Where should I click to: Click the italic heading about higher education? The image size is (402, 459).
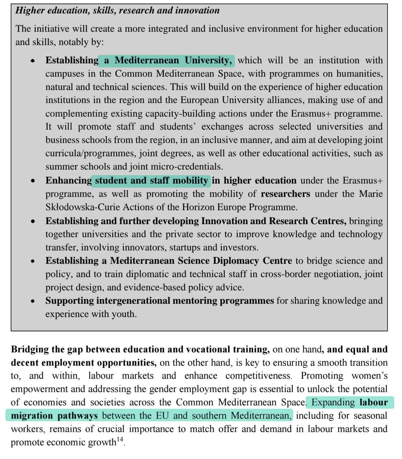tap(117, 10)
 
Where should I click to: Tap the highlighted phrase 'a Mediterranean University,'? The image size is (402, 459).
tap(167, 60)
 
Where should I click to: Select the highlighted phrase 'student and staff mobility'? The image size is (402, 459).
tap(151, 180)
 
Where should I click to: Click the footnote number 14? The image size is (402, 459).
tap(120, 440)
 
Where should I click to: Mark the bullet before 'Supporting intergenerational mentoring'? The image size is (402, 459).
tap(33, 301)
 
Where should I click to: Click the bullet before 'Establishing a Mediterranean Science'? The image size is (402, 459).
tap(33, 261)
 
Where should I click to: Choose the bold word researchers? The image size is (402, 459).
tap(285, 194)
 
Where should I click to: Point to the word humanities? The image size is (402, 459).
tap(359, 74)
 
